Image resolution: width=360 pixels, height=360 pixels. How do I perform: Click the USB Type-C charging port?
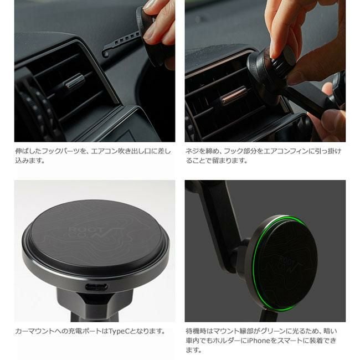tap(96, 286)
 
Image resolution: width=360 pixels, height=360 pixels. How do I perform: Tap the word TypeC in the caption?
tap(120, 331)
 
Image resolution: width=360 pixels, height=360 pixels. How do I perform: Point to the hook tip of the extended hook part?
tap(105, 54)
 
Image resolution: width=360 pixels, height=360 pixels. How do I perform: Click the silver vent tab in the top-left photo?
tap(75, 81)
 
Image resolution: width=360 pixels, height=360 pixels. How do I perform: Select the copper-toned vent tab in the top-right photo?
tap(234, 96)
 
